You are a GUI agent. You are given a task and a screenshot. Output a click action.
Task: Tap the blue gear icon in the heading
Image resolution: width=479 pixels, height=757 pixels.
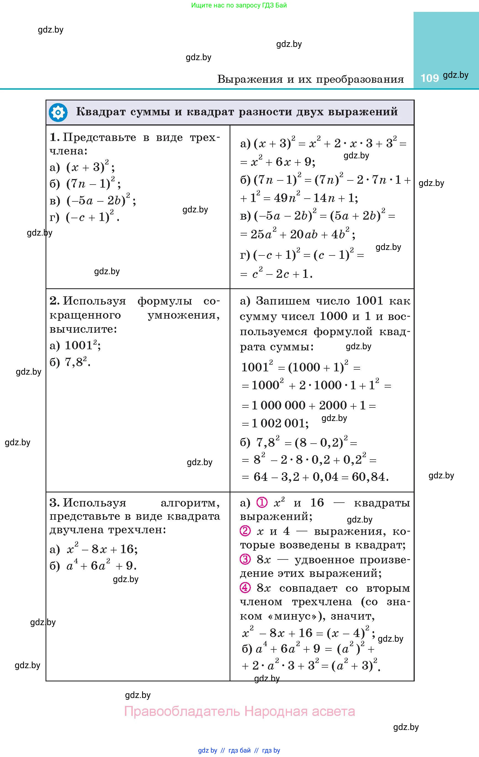click(58, 112)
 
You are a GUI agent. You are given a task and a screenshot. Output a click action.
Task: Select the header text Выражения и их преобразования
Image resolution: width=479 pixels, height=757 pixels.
click(310, 79)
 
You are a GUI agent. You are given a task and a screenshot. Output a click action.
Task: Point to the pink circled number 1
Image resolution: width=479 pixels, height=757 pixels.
click(262, 503)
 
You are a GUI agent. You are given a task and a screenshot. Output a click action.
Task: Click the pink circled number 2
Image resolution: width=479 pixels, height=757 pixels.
click(245, 531)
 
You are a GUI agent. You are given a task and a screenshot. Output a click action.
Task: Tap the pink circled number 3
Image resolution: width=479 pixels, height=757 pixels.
click(245, 559)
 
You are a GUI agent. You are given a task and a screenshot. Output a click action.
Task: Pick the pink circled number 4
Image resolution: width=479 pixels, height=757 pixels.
click(245, 588)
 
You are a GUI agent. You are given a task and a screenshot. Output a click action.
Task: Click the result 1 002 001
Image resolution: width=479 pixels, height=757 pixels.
click(280, 423)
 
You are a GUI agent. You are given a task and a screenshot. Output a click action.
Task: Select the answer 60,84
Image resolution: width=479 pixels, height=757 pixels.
click(370, 477)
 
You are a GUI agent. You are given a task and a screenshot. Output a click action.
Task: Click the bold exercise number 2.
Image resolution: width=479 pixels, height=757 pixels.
click(54, 301)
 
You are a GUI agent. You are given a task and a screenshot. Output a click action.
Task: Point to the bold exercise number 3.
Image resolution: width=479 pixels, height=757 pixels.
click(54, 503)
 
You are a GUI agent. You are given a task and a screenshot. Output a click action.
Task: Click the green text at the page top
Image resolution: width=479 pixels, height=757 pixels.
click(239, 5)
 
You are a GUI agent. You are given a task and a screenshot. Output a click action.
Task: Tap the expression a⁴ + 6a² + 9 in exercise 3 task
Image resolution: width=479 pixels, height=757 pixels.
click(101, 566)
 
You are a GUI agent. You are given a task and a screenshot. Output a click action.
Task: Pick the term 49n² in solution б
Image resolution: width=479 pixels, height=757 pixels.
click(287, 198)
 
